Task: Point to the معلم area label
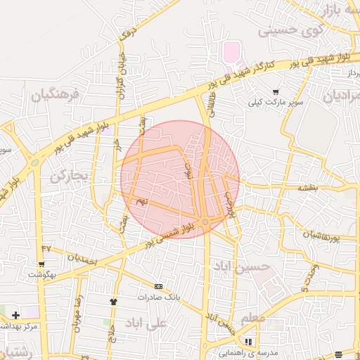252,320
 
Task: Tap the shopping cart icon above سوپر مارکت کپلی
275,91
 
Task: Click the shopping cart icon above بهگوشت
41,264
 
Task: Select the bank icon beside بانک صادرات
159,286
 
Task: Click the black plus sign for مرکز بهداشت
15,314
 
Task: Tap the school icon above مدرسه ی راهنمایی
247,342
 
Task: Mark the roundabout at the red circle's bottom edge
205,222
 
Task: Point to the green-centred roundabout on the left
34,163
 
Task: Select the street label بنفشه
308,188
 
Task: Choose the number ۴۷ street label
46,247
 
